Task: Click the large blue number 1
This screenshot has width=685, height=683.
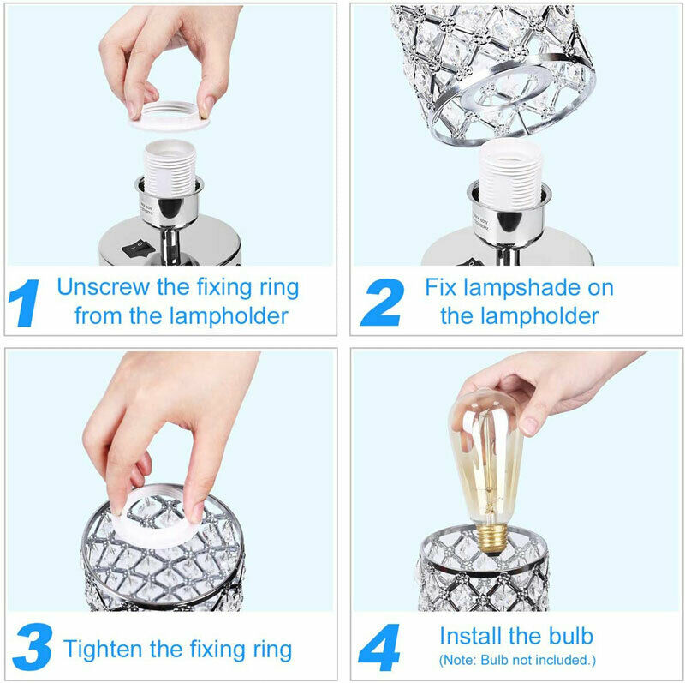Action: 25,303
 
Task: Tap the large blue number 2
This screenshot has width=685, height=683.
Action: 382,303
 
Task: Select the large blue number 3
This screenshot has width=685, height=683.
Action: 33,647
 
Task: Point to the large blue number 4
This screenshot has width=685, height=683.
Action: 378,647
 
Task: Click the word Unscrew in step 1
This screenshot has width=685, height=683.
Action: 103,287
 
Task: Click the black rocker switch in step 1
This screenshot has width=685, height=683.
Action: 139,249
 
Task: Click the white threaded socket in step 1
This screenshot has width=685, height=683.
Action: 170,167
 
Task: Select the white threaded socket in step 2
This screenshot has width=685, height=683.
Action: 510,175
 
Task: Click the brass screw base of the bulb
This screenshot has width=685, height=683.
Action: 492,540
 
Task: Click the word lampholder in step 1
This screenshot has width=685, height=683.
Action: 229,315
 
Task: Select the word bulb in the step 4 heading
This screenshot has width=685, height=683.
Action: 571,635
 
